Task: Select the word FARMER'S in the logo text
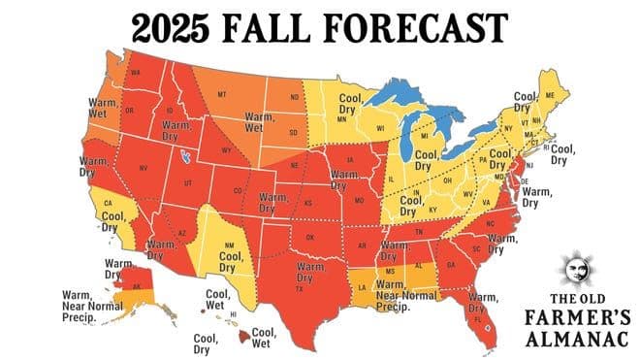579,316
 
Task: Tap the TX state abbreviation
300,289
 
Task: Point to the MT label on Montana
222,94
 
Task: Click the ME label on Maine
551,94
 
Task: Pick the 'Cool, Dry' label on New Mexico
230,255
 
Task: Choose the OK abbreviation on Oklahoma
311,236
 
